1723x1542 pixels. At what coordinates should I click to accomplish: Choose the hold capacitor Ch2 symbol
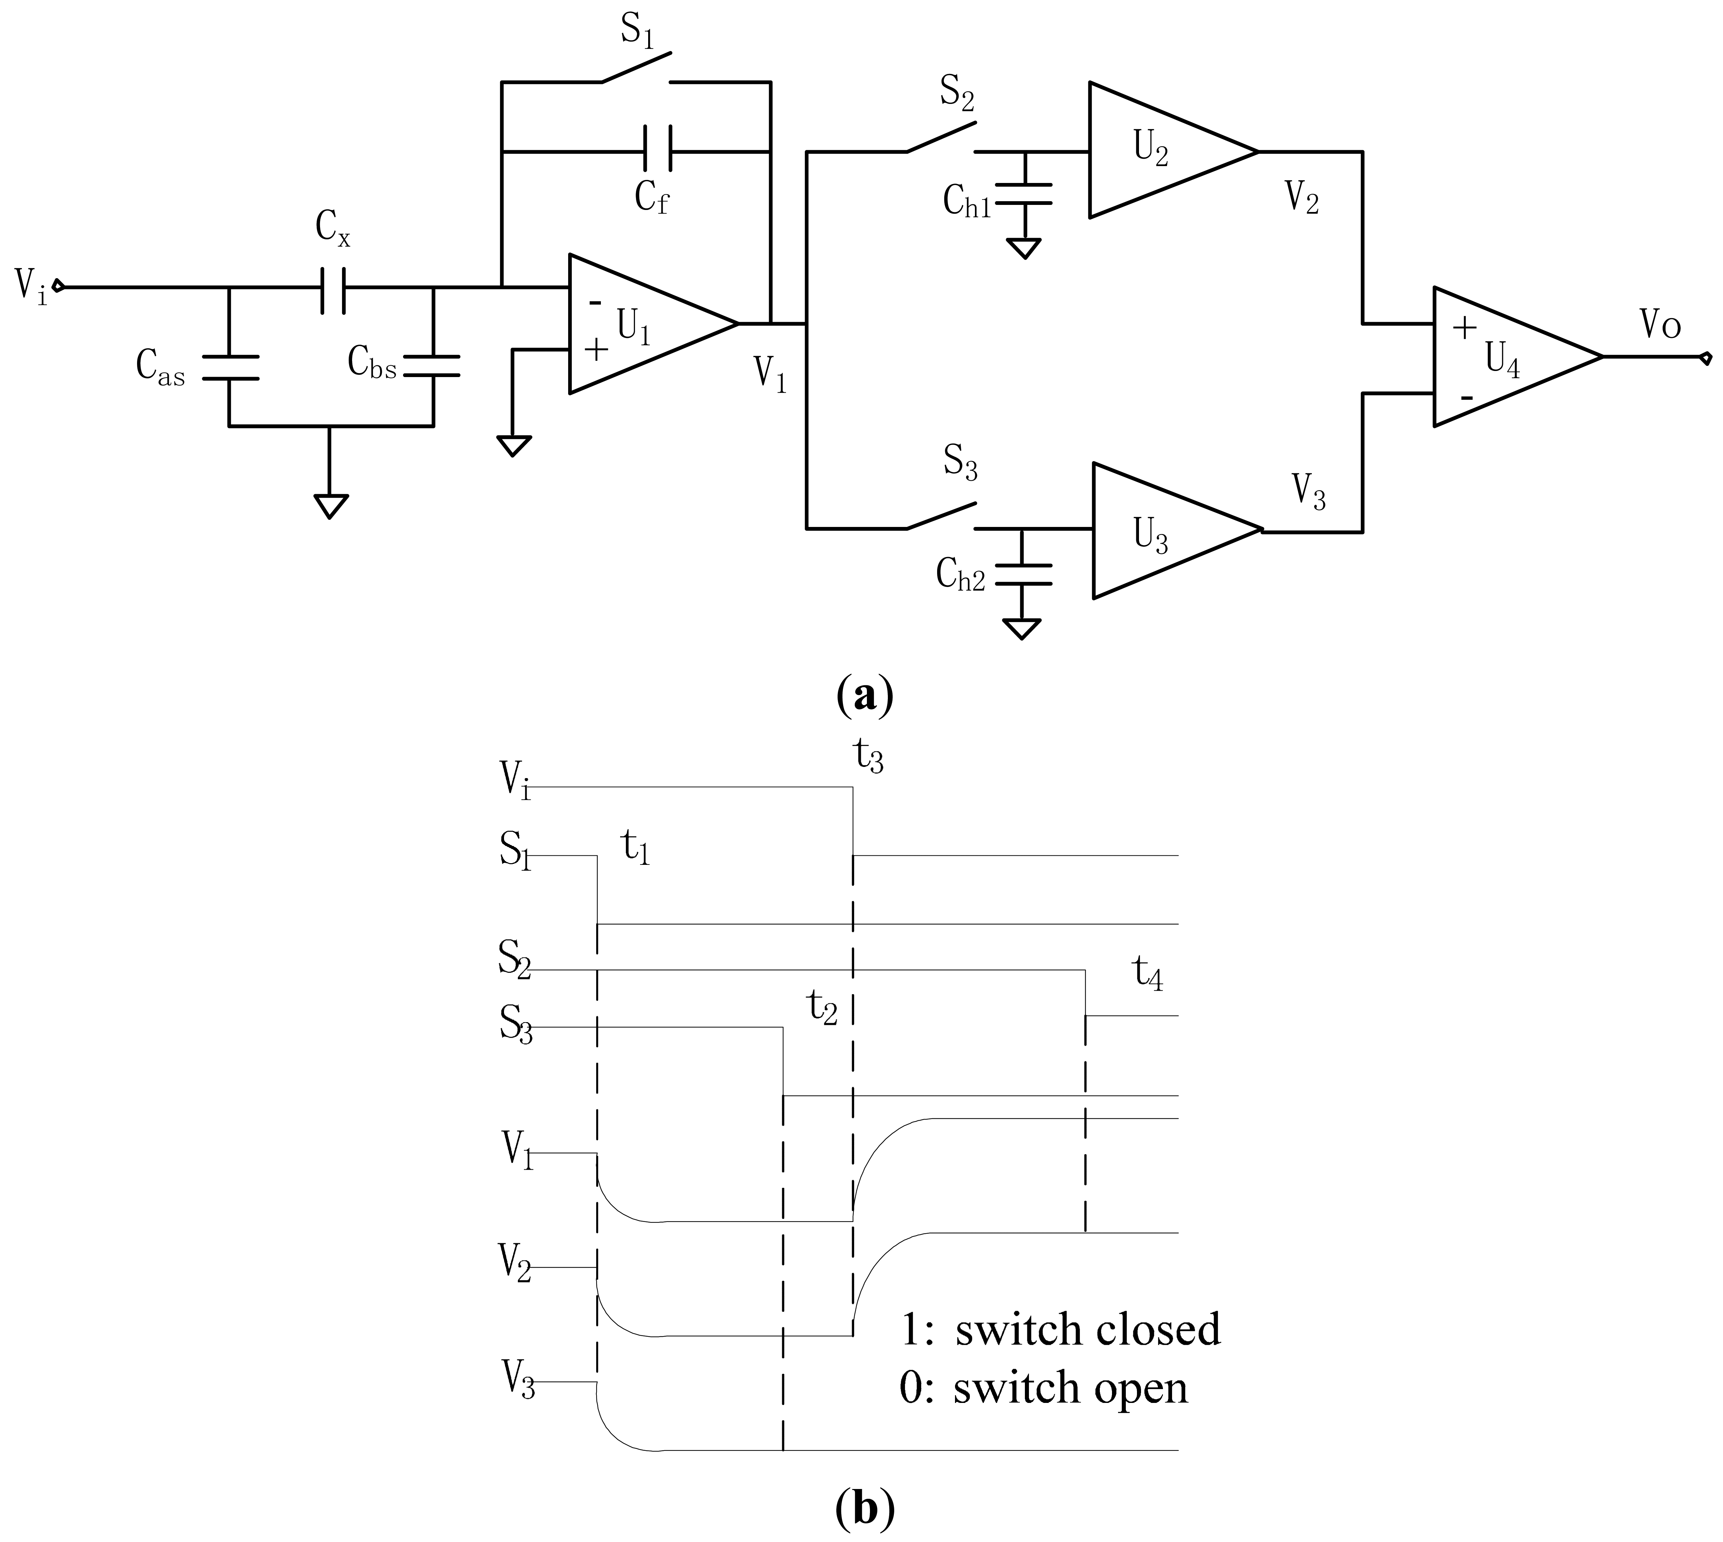(x=1023, y=574)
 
